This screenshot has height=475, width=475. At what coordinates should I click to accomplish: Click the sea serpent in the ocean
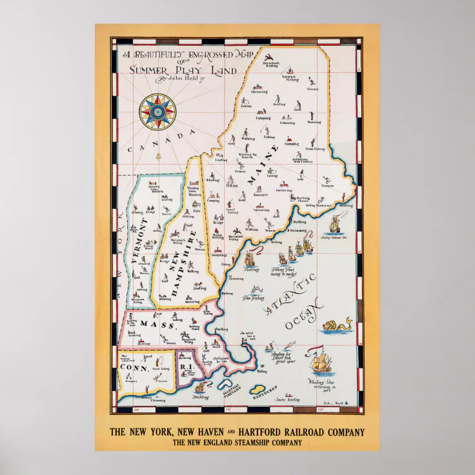(338, 323)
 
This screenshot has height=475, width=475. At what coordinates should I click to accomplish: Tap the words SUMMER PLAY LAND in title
(184, 70)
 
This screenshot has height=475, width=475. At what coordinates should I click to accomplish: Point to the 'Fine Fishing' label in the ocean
(254, 297)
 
